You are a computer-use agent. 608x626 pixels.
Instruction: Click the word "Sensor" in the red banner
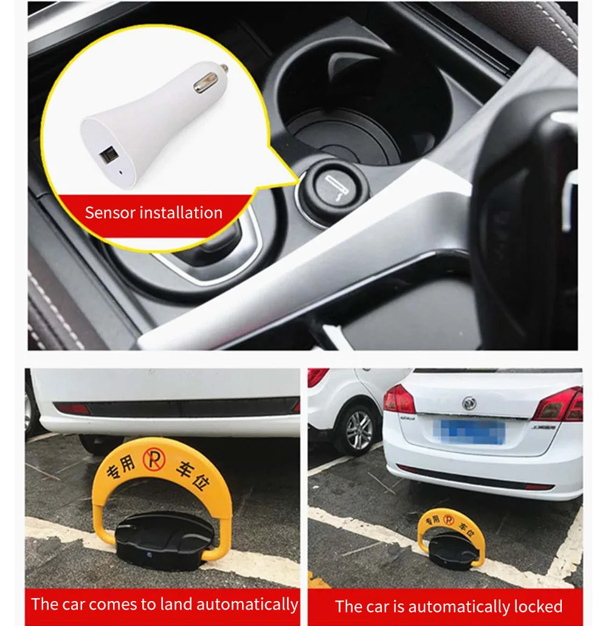coord(110,213)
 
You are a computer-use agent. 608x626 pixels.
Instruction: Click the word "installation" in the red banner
coord(181,213)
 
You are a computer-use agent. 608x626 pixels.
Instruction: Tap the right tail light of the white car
coord(559,404)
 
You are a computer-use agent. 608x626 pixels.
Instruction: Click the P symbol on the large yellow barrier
coord(152,459)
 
